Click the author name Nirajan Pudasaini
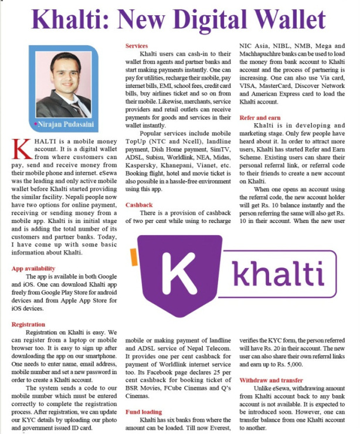pos(64,125)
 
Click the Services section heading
pos(137,45)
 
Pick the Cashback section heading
pos(139,205)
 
